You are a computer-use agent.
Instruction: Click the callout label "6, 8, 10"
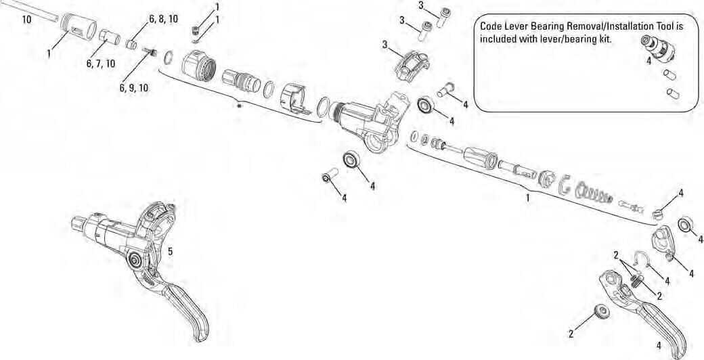tap(163, 19)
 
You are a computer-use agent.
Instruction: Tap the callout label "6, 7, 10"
tap(101, 64)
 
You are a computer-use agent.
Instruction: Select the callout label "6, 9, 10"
tap(133, 88)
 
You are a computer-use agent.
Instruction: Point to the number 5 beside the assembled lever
tap(170, 252)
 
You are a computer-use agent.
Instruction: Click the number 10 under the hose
tap(27, 20)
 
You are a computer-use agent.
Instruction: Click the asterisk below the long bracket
tap(240, 106)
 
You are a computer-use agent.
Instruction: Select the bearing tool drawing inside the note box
tap(658, 49)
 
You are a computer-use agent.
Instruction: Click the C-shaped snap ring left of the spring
tap(564, 185)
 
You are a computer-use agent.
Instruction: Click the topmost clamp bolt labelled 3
tap(443, 17)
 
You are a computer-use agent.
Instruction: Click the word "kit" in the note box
tap(607, 38)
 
